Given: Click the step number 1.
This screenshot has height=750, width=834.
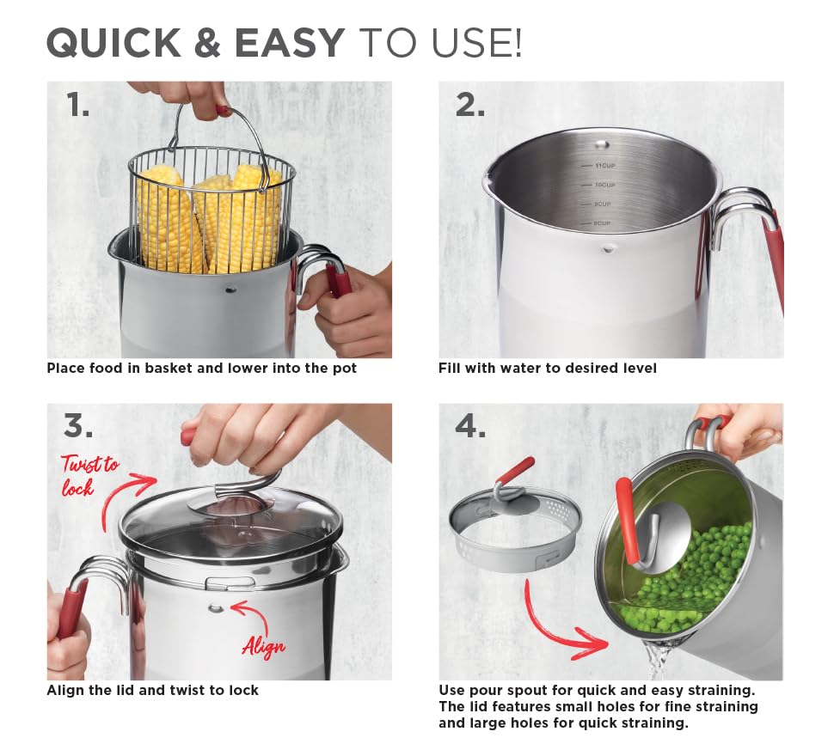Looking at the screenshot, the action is (77, 105).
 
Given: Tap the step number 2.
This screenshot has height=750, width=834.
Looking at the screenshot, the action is (470, 105).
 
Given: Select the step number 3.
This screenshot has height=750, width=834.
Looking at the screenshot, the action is (77, 426).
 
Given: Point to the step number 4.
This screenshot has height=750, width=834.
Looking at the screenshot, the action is (470, 426).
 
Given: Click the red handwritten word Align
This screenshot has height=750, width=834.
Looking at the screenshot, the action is (264, 646).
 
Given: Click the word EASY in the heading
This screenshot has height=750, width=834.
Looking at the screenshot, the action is (290, 42).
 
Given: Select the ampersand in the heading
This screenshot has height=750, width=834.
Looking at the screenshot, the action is (208, 42).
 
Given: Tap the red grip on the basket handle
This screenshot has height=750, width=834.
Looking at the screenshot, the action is (223, 111).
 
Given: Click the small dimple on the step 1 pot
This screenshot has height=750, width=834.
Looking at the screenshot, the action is (230, 290).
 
